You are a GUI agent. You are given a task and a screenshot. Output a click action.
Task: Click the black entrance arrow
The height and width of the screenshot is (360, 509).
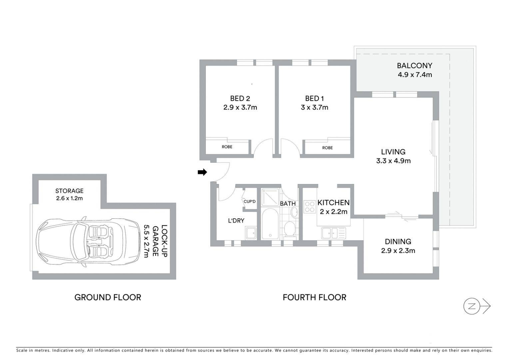point(202,172)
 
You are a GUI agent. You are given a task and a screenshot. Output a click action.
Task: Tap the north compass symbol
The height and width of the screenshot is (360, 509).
point(477,306)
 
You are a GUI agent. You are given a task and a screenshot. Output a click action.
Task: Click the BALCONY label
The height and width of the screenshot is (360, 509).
point(414,66)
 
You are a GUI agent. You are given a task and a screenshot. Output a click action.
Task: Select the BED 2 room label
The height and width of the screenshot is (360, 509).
point(240,98)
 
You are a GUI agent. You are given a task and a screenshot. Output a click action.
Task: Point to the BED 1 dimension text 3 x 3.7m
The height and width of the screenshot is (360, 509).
point(314,107)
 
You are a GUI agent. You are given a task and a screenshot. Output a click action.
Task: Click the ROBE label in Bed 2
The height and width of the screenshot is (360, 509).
point(227,147)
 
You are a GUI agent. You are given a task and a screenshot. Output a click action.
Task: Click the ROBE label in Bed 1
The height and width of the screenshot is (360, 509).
point(327,148)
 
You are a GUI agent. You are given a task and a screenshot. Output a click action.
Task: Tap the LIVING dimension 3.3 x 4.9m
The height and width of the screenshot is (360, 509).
point(393,161)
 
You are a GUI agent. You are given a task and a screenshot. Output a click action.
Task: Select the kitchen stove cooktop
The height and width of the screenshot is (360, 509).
point(310,207)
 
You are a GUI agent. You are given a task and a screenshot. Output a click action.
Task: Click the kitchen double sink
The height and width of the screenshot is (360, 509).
point(333,233)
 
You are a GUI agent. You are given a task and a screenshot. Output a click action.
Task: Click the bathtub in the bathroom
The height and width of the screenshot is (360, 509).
point(270,224)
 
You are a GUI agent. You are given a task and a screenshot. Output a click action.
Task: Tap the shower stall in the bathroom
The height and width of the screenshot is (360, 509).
point(270,197)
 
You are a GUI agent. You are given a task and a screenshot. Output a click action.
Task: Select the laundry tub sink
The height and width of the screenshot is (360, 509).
point(251,233)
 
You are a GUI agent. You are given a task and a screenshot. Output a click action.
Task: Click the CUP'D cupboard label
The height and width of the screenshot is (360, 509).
point(250,201)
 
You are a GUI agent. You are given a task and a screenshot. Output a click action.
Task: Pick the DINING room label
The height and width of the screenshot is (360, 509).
point(398,241)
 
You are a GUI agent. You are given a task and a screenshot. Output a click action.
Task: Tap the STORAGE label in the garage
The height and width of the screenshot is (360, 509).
point(69,191)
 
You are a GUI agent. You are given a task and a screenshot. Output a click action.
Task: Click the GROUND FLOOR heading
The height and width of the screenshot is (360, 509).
point(108,297)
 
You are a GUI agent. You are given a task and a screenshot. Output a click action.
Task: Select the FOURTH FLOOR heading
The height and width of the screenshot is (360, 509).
point(314,297)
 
